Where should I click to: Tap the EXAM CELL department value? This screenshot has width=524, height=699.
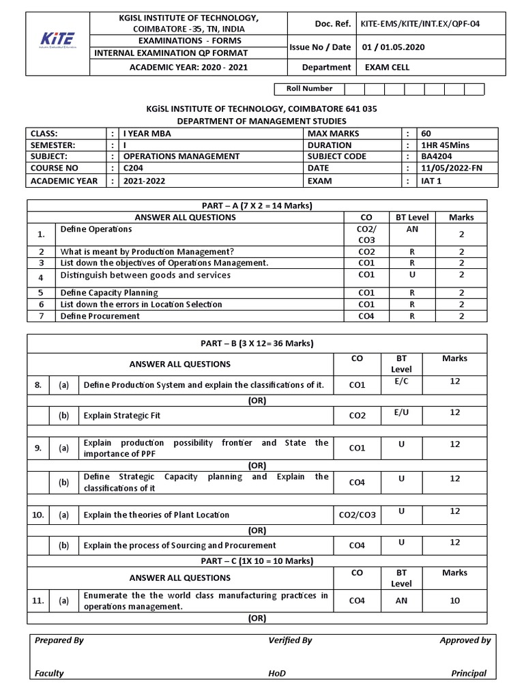[x=387, y=68]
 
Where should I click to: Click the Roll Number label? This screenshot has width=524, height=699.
[x=309, y=89]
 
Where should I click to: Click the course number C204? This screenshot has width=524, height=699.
[x=134, y=168]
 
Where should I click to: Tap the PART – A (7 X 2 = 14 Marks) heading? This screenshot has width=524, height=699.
[x=257, y=205]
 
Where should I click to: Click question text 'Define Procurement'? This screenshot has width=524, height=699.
[x=100, y=316]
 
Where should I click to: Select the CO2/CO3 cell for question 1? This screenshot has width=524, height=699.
[x=366, y=234]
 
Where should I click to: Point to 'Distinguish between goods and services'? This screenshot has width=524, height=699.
[x=145, y=276]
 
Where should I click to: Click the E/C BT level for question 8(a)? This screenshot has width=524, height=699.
[x=401, y=381]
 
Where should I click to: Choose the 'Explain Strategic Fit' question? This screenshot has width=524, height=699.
[x=122, y=415]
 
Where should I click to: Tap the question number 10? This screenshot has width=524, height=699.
[x=38, y=515]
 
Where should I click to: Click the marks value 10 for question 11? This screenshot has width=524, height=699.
[x=454, y=601]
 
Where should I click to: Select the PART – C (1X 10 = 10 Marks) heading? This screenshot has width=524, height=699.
[x=257, y=560]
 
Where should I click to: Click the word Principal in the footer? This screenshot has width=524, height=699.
[x=469, y=673]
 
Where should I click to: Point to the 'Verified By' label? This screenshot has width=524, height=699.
[x=290, y=640]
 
